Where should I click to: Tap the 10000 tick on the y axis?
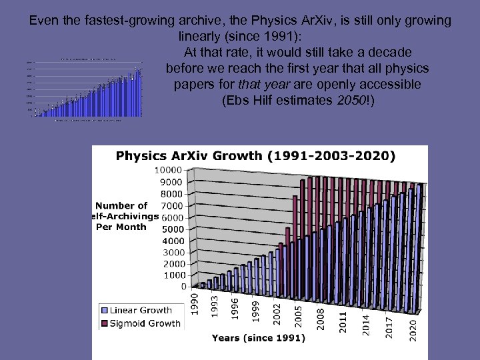[x=172, y=171]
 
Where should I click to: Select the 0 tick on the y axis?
[x=183, y=287]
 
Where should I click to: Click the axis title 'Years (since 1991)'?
[x=259, y=339]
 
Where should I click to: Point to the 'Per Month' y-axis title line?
[x=121, y=227]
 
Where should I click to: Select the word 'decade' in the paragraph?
[x=390, y=51]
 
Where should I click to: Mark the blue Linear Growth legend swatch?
[x=104, y=311]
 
